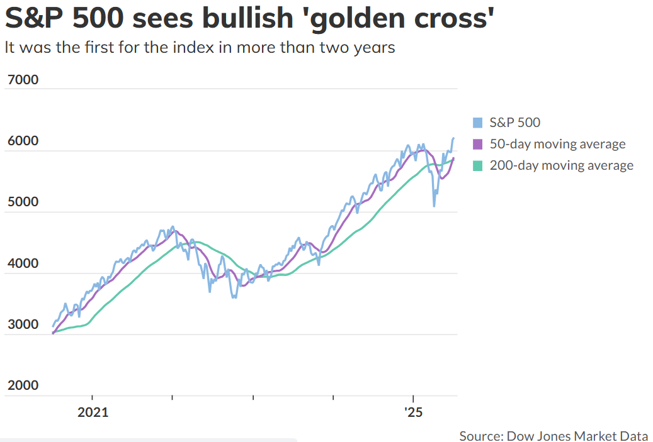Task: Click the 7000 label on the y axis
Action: [x=23, y=79]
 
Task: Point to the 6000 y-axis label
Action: [x=23, y=141]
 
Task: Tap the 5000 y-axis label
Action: [x=23, y=202]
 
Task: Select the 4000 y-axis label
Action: [x=23, y=263]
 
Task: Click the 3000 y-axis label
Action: [x=23, y=324]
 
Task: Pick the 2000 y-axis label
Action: [x=23, y=385]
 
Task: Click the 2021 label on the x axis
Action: [x=93, y=412]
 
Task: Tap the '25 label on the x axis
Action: [x=413, y=412]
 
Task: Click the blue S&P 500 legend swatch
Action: [x=478, y=123]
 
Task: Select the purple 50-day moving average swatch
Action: [x=478, y=144]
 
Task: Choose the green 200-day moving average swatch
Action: [x=478, y=166]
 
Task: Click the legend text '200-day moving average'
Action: [x=562, y=165]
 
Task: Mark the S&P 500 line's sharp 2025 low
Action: [x=434, y=206]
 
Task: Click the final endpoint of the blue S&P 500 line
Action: [x=453, y=138]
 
